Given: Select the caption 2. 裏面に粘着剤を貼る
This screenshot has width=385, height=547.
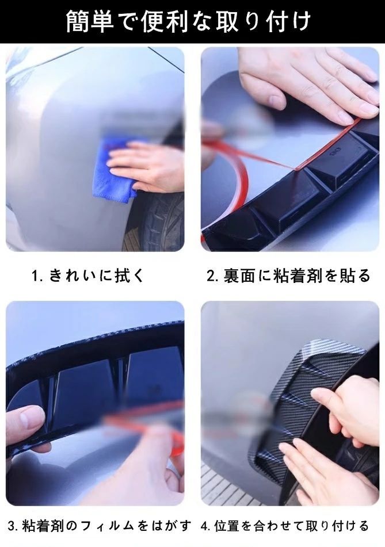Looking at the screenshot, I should pos(288,276).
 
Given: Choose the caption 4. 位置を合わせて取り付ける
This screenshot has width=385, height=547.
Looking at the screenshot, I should pos(284,525).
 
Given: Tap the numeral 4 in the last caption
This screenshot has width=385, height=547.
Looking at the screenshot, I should pos(204,526).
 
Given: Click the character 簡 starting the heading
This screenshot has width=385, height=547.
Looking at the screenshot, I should pos(78,22).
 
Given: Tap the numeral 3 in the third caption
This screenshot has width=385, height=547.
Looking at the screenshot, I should pos(12,526).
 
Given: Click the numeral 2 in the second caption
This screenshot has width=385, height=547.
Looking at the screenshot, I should pos(211,276).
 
